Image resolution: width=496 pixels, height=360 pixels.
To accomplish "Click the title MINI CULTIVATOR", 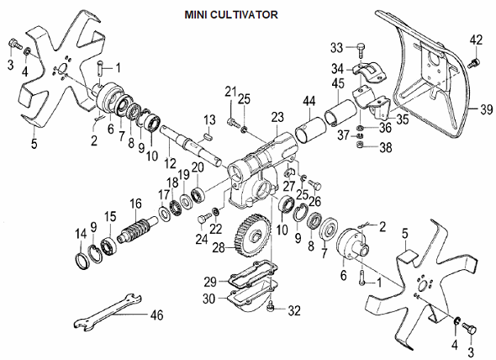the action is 231,14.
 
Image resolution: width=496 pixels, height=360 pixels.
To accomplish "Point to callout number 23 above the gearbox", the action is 277,118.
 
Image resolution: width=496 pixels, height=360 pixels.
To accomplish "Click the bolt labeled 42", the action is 473,62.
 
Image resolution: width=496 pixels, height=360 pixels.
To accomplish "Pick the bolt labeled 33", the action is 361,49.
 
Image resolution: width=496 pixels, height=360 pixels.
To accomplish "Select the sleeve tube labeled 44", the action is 311,130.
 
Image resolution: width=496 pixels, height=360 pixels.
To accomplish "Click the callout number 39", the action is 487,109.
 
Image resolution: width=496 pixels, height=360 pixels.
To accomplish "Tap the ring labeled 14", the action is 82,262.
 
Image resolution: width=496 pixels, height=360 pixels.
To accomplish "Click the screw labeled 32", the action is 270,306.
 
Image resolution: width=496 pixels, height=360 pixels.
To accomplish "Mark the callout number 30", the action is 208,299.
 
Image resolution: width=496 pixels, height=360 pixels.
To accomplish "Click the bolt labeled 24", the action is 203,219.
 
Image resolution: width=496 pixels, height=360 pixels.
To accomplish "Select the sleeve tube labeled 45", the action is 341,113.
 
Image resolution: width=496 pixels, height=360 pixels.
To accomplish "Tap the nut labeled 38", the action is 360,145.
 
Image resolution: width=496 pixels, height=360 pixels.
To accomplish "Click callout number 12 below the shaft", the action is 170,163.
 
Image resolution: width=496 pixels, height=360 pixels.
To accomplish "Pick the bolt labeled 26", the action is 314,184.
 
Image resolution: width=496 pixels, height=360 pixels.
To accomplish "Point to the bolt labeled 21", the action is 232,122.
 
